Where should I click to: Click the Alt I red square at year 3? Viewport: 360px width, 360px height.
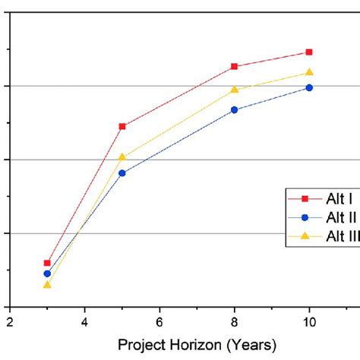coord(47,263)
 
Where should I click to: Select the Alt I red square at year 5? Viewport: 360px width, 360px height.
coord(122,126)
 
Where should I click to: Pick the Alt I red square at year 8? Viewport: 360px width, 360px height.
coord(235,66)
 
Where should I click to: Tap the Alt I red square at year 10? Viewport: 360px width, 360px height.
coord(309,52)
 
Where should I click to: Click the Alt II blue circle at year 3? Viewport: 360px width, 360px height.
coord(47,273)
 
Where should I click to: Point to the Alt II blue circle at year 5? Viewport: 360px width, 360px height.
coord(122,173)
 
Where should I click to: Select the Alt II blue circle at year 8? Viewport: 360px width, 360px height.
coord(235,110)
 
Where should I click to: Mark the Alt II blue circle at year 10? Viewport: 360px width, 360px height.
coord(309,87)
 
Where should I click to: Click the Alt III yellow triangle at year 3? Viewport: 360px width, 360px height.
coord(47,284)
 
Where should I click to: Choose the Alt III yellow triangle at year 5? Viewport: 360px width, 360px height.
coord(122,156)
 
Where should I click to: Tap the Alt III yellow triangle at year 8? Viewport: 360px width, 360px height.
coord(235,89)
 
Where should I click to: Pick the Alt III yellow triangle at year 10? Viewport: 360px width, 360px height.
coord(309,72)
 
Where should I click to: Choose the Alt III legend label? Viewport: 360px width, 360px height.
coord(343,235)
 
